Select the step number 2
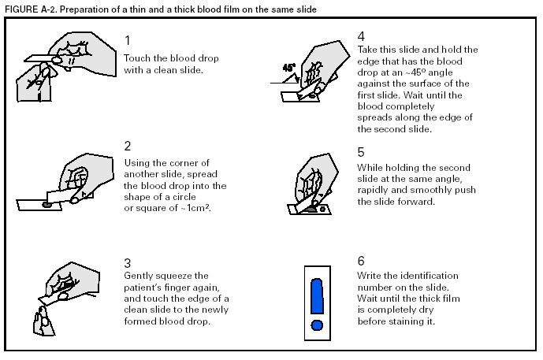pos(128,146)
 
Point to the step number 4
pos(361,36)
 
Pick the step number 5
pos(361,151)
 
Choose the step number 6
pos(361,262)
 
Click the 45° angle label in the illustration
pos(290,69)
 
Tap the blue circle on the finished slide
pos(317,325)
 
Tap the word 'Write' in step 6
pos(370,276)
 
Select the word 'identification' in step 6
pos(431,276)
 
